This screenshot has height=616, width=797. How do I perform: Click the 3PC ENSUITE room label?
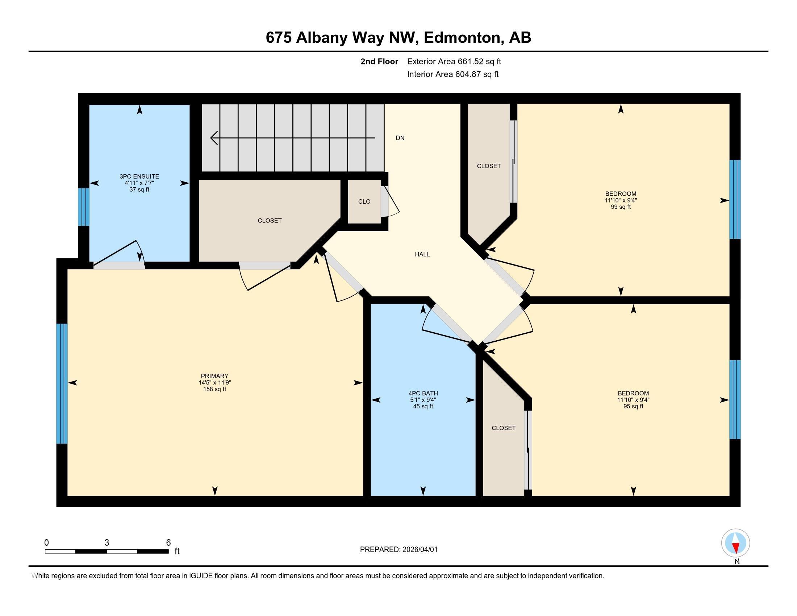pos(139,176)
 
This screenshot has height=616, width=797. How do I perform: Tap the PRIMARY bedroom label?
pos(214,376)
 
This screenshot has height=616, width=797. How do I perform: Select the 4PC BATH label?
pos(423,393)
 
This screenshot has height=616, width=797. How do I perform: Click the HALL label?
pos(422,254)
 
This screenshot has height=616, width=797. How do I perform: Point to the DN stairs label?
pos(400,138)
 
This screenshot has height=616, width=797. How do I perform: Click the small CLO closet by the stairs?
pos(364,201)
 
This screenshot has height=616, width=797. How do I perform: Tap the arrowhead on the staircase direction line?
pos(214,138)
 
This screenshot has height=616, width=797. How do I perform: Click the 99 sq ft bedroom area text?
pos(620,207)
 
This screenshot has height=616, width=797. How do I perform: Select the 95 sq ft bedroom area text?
pos(633,406)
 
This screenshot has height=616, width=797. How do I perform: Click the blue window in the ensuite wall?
pos(84,207)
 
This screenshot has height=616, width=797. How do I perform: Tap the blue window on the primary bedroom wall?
pos(62,383)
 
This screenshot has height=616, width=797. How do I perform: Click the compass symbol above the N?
pos(735,543)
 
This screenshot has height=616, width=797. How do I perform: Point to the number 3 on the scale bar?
pos(107,543)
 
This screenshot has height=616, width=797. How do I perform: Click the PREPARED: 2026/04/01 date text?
pos(398,550)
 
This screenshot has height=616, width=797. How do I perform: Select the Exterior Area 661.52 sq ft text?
pos(454,61)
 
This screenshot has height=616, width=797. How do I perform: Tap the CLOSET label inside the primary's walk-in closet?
pos(269,220)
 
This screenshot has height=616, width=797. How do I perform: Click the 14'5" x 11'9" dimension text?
pos(214,382)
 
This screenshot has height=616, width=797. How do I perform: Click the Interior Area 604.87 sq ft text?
pos(452,74)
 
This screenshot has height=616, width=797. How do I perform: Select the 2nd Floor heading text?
pos(379,61)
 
